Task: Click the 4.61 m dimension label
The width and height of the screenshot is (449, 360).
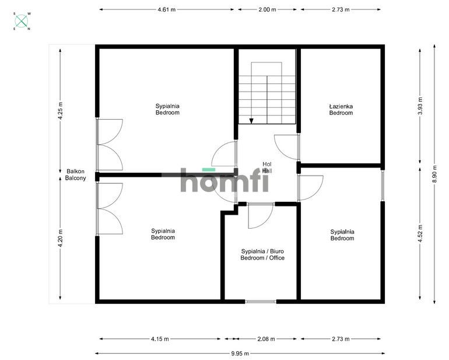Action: tap(166, 9)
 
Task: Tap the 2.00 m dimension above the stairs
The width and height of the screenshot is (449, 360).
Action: tap(267, 9)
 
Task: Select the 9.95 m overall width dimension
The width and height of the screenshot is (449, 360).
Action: tap(240, 354)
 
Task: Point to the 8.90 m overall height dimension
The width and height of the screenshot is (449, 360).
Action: tap(434, 174)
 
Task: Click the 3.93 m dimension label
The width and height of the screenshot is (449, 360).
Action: tap(420, 106)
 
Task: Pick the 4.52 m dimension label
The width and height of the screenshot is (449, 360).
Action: tap(420, 233)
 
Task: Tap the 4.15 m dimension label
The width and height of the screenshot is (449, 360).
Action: tap(160, 339)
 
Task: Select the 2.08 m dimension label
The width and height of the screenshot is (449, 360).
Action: tap(266, 339)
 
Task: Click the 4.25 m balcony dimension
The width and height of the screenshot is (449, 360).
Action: tap(60, 111)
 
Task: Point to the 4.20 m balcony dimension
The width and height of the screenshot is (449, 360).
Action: tap(60, 238)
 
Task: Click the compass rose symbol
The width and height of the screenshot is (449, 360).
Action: tap(22, 21)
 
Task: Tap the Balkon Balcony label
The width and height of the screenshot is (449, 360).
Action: tap(75, 174)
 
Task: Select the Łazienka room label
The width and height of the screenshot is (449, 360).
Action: tap(341, 106)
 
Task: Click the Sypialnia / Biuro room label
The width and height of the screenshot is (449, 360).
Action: tap(262, 251)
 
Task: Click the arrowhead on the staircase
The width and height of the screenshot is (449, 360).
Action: tap(251, 121)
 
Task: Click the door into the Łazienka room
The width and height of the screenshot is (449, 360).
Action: tap(287, 147)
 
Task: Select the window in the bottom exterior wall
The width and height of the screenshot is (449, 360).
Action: tap(261, 302)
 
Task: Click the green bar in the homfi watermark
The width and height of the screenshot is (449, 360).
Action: tap(209, 170)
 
